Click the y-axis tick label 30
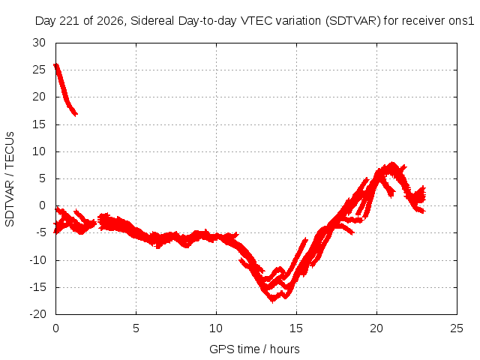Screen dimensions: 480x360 (39, 43)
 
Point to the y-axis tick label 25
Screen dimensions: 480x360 (39, 70)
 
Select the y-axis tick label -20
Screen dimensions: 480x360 (38, 314)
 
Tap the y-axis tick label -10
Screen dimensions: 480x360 (38, 260)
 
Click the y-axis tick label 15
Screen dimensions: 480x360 (39, 124)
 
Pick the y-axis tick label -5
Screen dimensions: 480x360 (40, 232)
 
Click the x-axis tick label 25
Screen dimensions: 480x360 (457, 328)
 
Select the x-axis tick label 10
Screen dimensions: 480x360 (216, 328)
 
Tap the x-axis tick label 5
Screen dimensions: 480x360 (136, 328)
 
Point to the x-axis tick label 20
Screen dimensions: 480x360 (376, 328)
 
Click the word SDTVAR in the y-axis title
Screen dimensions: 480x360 (10, 203)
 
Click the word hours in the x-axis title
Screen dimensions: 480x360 (285, 349)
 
